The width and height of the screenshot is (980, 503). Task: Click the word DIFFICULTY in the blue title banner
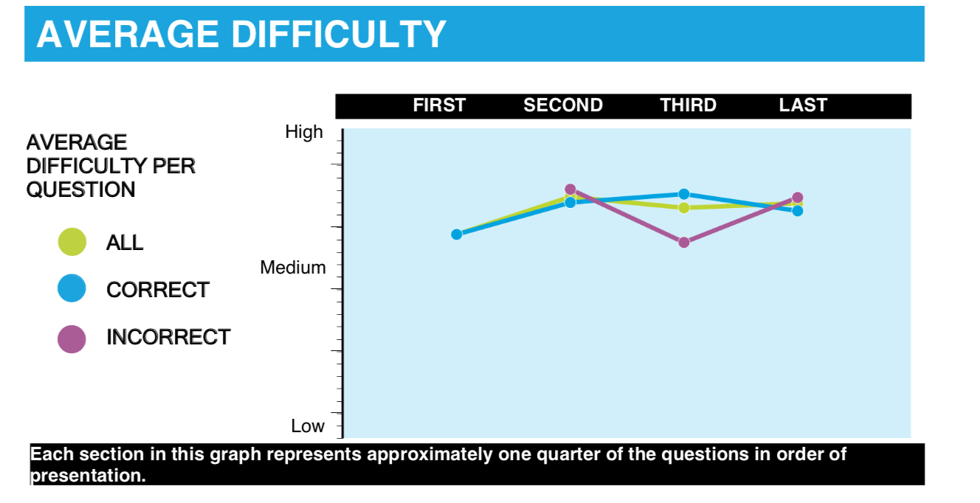click(339, 34)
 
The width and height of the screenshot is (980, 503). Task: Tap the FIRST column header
click(439, 105)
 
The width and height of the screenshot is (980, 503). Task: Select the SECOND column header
click(563, 105)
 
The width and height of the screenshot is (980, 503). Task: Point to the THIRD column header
click(689, 105)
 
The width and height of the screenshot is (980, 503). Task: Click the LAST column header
click(803, 105)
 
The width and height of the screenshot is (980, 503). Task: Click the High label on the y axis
click(304, 132)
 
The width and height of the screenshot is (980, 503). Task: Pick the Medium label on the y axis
click(293, 267)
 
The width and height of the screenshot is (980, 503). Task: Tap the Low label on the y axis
click(308, 426)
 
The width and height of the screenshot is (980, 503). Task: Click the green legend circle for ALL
click(72, 242)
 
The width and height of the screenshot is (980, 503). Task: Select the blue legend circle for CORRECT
click(72, 288)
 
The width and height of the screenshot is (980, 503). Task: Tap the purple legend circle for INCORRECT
click(72, 339)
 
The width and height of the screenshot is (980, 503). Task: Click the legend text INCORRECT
click(168, 337)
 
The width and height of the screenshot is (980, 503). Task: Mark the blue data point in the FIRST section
click(456, 235)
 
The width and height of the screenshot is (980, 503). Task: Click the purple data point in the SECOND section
click(570, 190)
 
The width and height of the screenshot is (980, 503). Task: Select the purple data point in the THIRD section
click(684, 243)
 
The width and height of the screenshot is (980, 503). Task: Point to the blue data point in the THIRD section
click(684, 194)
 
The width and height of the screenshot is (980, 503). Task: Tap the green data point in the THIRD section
click(684, 208)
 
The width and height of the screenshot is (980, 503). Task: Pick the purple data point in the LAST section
click(798, 198)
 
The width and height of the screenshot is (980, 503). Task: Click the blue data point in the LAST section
click(798, 211)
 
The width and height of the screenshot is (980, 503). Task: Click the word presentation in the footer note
click(88, 476)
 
